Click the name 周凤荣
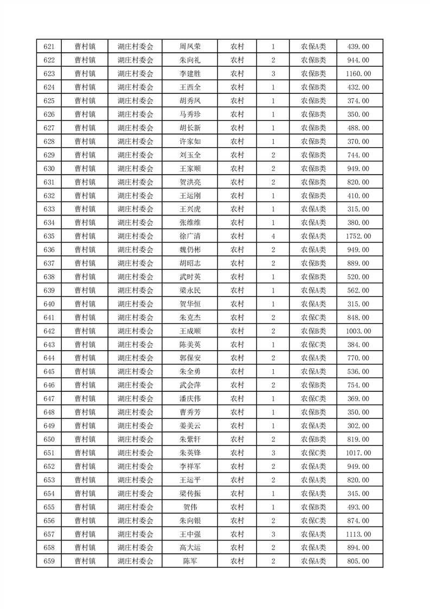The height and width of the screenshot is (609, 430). (190, 47)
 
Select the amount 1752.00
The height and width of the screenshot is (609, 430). (358, 236)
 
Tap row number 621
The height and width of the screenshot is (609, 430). (49, 47)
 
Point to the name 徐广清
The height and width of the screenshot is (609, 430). (190, 236)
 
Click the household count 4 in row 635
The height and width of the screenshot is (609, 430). (273, 236)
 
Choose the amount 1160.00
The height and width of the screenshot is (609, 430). (358, 74)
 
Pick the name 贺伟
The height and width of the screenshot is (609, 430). (190, 507)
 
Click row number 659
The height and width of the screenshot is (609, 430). (49, 561)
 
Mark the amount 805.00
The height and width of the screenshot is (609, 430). (358, 561)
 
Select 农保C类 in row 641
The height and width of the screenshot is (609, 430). (313, 318)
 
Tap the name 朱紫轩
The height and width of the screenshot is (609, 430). (190, 439)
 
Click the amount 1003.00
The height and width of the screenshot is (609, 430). (358, 331)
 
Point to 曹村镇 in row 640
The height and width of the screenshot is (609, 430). (85, 304)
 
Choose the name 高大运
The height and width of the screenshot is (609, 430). (190, 548)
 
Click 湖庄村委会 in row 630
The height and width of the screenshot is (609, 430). (136, 168)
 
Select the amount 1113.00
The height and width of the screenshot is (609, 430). (358, 534)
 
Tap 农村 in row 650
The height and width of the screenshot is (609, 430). (237, 439)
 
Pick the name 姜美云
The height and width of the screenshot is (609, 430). (190, 426)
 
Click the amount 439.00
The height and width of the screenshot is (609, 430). (358, 47)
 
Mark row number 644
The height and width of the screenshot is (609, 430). (49, 358)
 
